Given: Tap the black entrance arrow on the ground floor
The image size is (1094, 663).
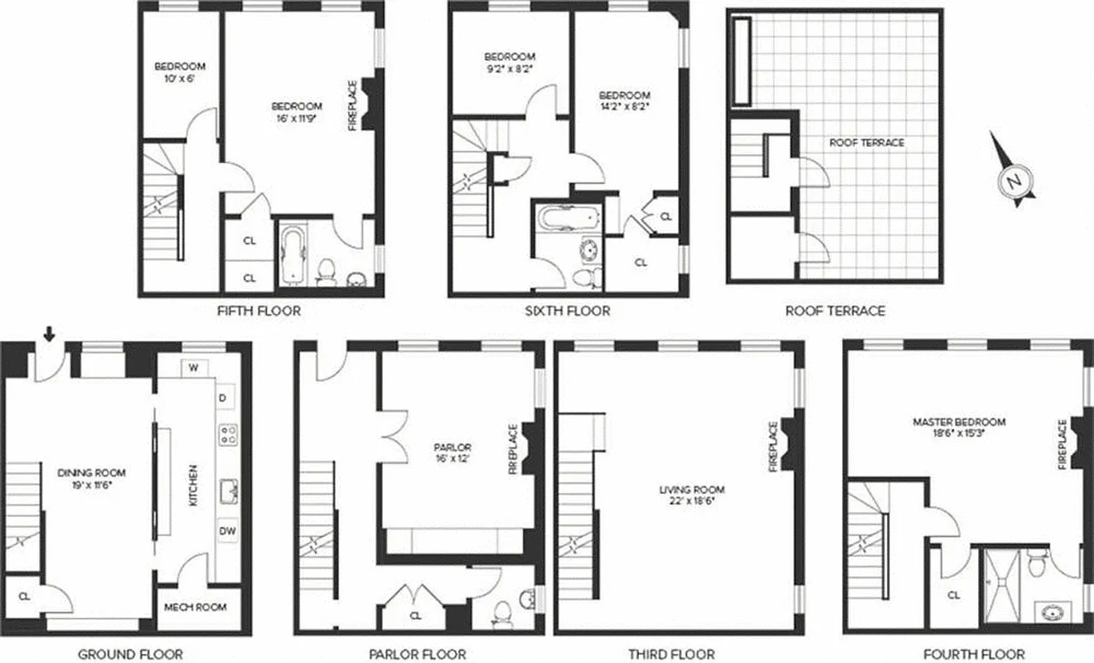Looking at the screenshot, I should [50, 334].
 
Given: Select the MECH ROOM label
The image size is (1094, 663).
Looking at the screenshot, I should [196, 607].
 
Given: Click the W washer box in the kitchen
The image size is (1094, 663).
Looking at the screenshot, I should [194, 367].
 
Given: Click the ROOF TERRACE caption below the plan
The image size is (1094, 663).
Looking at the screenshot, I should [835, 312].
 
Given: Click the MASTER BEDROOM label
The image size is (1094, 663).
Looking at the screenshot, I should [959, 422].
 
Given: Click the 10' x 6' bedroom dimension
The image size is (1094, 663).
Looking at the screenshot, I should [180, 79].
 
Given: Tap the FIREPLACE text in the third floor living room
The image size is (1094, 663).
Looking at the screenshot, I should [774, 447].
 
